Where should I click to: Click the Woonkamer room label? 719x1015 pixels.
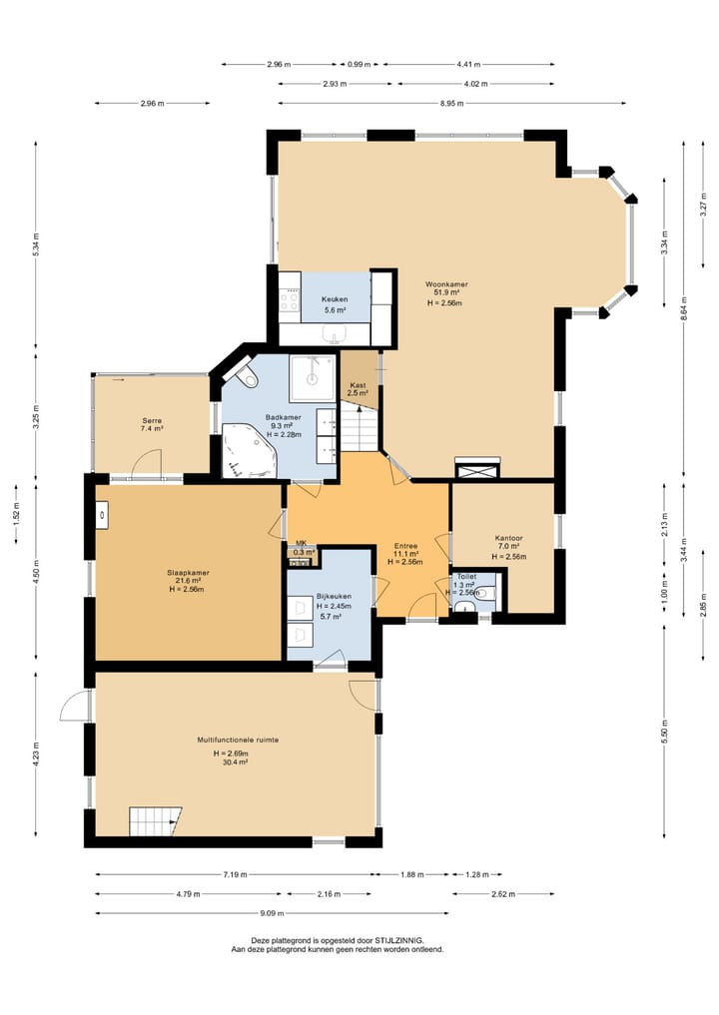(446, 284)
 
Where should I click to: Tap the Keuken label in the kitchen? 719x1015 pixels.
(335, 299)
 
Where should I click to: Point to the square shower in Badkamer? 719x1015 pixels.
(313, 377)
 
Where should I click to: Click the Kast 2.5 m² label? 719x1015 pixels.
(358, 389)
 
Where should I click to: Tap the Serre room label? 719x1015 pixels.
(152, 421)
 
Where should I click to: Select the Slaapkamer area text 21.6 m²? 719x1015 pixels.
(189, 581)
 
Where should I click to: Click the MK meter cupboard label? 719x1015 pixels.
(301, 543)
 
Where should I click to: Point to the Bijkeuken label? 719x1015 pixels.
(335, 596)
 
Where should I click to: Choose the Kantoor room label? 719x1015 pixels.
(508, 538)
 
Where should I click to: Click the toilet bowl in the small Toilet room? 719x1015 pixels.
(485, 592)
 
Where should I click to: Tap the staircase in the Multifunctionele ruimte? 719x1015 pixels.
(155, 820)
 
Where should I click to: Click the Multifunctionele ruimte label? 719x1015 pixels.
(238, 740)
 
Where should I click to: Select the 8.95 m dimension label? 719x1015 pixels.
(446, 103)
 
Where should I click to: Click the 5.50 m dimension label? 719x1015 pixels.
(665, 731)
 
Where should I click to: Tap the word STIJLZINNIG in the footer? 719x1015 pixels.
(399, 940)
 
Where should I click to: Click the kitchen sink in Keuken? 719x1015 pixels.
(335, 334)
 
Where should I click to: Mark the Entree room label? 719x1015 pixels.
(405, 546)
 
